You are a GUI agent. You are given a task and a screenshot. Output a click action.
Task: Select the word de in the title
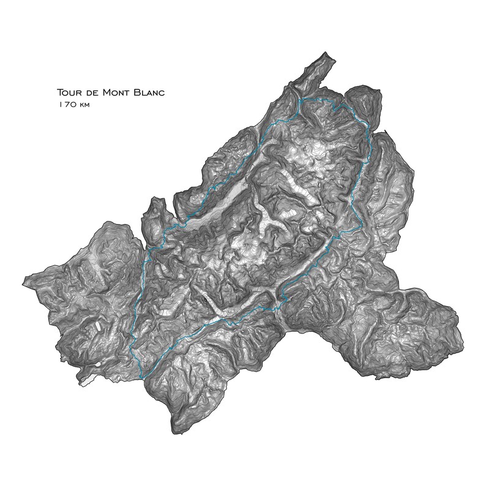point(96,93)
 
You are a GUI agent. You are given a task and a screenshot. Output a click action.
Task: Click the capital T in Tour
point(59,93)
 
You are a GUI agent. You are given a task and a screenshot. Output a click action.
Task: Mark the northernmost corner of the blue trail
point(301,99)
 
